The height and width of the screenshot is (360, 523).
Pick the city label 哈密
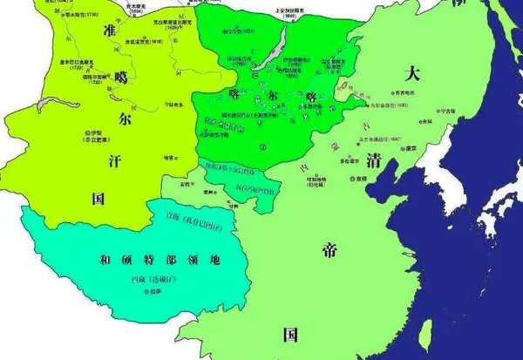[x=171, y=158]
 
